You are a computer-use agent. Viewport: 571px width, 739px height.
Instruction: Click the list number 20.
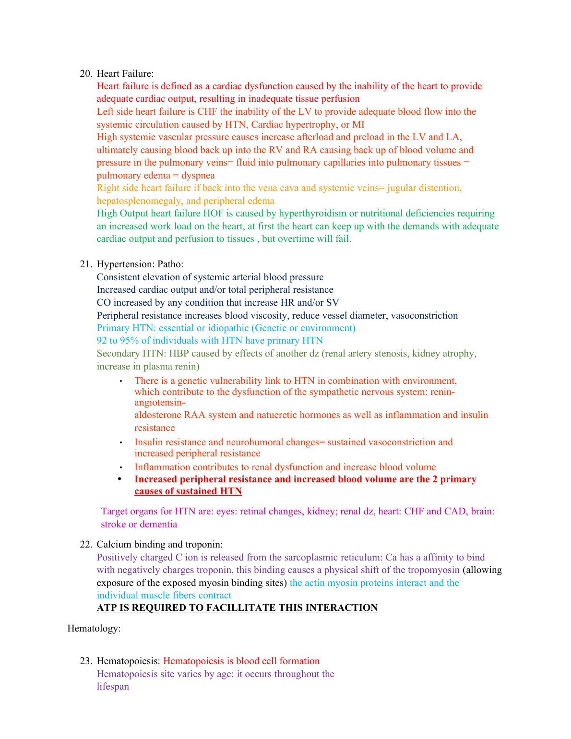[85, 73]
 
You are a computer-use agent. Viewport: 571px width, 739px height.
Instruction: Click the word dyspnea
[198, 175]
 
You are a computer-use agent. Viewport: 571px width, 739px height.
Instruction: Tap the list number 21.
[85, 264]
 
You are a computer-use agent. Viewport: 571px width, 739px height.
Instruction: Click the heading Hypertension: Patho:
[140, 264]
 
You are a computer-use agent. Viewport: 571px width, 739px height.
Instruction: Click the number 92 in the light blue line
[102, 340]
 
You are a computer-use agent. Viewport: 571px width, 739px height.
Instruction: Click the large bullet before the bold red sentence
[120, 479]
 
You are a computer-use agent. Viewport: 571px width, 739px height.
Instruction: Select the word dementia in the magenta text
[158, 524]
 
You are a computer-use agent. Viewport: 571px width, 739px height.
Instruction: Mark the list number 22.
[85, 544]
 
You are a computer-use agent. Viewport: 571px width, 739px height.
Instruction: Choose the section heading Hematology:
[94, 628]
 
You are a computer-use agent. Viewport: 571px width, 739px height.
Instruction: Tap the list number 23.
[85, 661]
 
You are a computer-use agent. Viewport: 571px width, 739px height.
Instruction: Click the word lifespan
[113, 686]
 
